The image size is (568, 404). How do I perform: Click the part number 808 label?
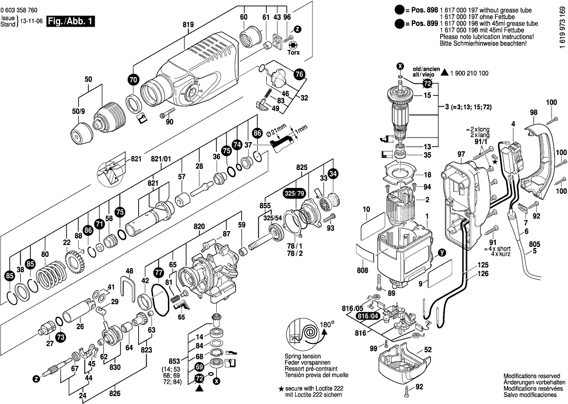coord(362,270)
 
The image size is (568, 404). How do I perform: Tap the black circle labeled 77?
coord(159,272)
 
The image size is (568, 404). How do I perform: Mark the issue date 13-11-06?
coord(31,22)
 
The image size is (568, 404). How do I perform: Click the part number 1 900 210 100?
coord(469,73)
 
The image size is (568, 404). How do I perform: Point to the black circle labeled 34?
coord(333,174)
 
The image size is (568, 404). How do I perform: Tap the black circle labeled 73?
coord(61,337)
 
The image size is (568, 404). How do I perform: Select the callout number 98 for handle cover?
coord(534,112)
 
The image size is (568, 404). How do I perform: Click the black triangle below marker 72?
coord(199,388)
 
